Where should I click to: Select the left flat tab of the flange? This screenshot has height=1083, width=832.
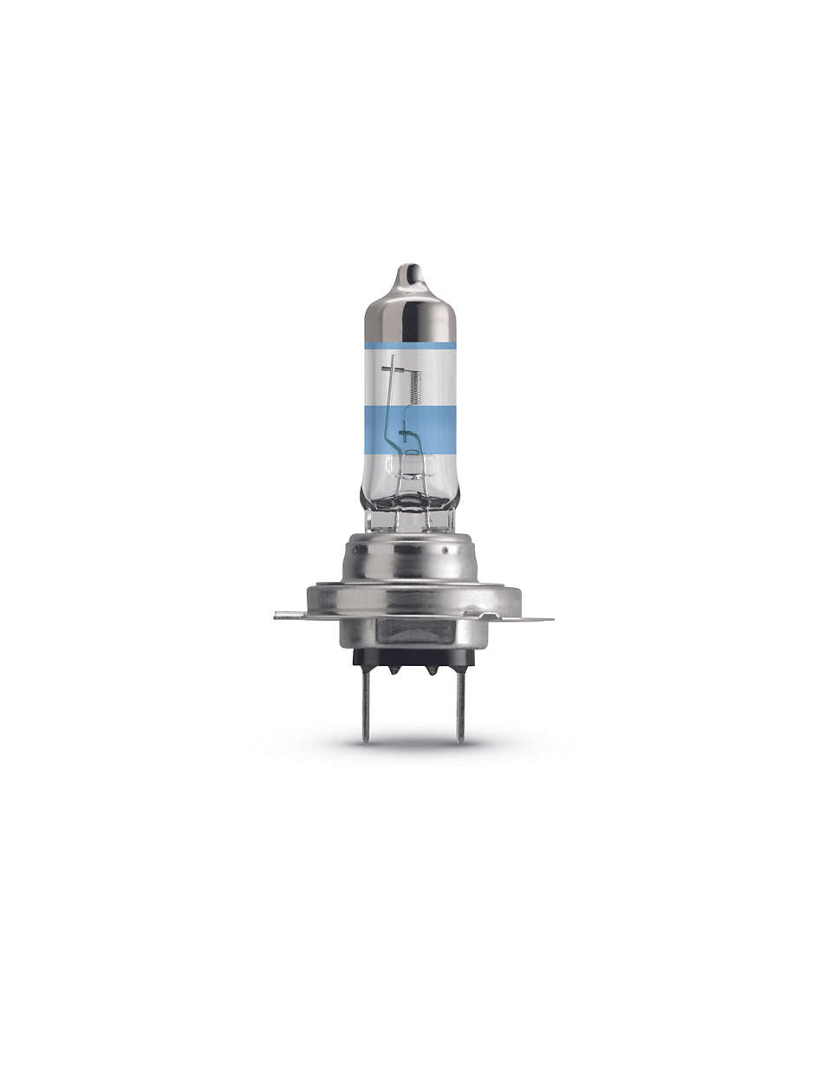click(x=291, y=616)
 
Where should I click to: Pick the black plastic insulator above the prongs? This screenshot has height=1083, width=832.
click(x=413, y=656)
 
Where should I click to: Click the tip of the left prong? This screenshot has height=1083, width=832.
click(x=367, y=739)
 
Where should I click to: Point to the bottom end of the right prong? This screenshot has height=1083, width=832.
click(x=461, y=739)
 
